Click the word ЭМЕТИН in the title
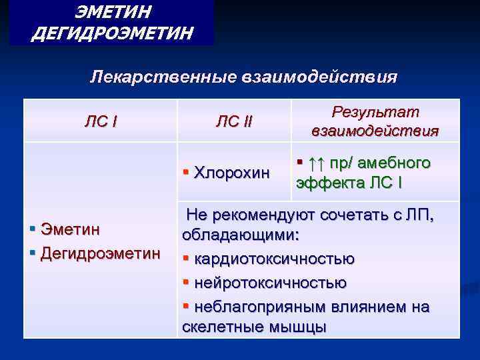click(113, 11)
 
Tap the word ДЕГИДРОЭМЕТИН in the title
click(113, 32)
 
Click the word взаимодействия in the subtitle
click(321, 77)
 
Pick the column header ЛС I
click(101, 121)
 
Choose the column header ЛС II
click(234, 121)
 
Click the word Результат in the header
click(375, 112)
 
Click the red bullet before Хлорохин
click(186, 173)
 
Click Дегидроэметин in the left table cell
click(101, 253)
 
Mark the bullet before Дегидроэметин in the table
click(33, 253)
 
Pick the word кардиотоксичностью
click(274, 259)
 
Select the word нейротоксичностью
click(270, 283)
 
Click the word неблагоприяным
click(261, 307)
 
